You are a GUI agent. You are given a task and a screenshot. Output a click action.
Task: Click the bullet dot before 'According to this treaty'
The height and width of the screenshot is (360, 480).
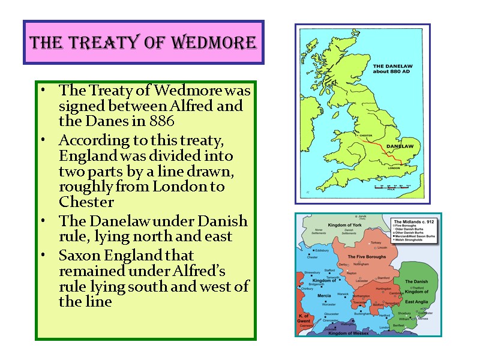click(x=44, y=140)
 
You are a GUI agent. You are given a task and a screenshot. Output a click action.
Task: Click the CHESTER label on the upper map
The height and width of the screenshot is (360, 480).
click(x=365, y=136)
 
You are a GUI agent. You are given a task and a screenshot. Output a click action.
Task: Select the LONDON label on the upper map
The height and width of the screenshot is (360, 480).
click(x=394, y=168)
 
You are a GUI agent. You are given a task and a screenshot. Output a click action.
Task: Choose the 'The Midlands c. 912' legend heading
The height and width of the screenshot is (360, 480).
click(x=413, y=221)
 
